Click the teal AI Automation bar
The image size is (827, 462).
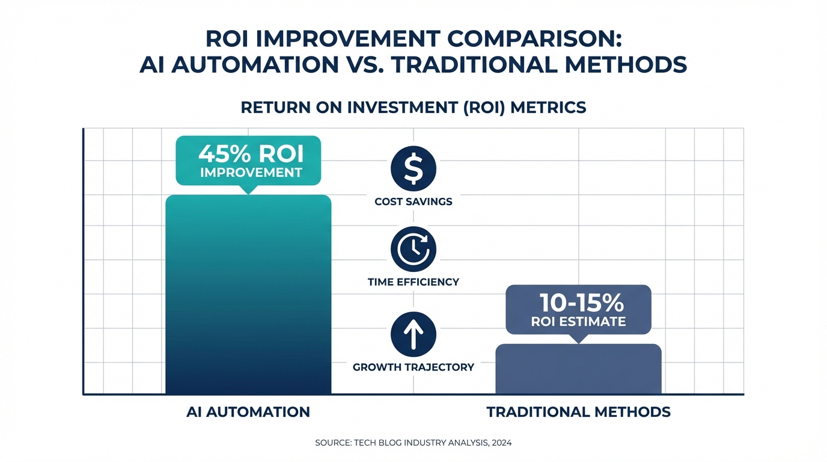(248, 295)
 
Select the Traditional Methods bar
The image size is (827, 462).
(578, 369)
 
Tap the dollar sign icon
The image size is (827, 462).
(413, 169)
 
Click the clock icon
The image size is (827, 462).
(413, 249)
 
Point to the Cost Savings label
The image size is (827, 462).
(413, 202)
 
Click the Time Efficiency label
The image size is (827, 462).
(413, 282)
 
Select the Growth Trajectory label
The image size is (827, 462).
(413, 367)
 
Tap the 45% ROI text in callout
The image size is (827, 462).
(251, 155)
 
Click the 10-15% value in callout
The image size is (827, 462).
(578, 302)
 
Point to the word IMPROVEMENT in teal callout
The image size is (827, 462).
(251, 173)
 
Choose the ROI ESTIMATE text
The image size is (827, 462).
(578, 322)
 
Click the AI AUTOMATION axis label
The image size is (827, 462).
(248, 412)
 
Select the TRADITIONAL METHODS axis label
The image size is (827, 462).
(578, 412)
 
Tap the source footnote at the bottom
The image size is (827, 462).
(413, 443)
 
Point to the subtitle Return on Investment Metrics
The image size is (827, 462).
(413, 108)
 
